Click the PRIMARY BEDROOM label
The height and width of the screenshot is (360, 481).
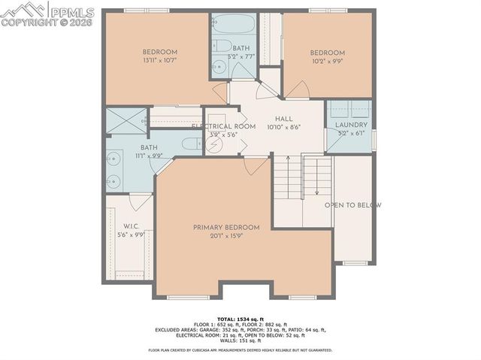click(x=226, y=227)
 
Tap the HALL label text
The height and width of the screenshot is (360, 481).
click(x=283, y=119)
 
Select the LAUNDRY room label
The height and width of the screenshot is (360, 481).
click(x=351, y=125)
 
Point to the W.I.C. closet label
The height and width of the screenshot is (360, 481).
click(x=130, y=225)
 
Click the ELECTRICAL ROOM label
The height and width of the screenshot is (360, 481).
click(x=224, y=126)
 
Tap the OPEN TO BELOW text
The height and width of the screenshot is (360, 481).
click(x=352, y=205)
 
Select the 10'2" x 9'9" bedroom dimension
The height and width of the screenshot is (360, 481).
click(x=328, y=62)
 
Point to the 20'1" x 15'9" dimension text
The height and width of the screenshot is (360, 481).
click(x=226, y=236)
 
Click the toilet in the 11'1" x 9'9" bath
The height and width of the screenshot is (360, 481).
click(x=192, y=144)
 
